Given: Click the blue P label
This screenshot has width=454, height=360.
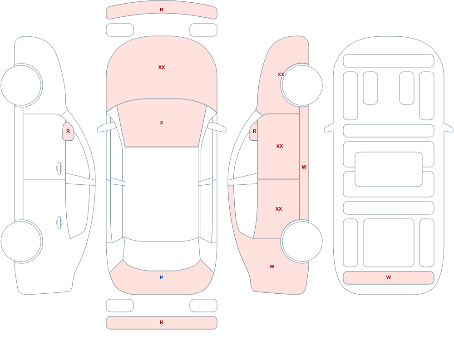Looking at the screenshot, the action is tap(162, 277).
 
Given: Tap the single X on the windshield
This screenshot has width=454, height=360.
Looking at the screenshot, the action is tap(162, 123).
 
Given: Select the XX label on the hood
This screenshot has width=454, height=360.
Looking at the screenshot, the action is tap(162, 67).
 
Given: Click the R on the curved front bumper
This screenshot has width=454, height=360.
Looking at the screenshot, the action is tap(162, 10).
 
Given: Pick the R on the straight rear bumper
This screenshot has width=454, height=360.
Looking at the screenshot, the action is tap(162, 322).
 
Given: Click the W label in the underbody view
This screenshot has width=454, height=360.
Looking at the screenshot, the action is tap(389, 277).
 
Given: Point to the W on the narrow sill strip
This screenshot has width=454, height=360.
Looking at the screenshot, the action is tap(304, 167).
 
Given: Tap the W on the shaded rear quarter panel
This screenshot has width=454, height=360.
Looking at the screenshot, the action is tap(272, 266).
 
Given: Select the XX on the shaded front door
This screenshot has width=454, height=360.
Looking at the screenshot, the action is tap(280, 146).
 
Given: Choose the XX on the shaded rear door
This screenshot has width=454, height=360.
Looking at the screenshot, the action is tap(279, 209).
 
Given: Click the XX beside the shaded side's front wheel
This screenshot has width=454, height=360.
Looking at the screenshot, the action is tap(281, 74).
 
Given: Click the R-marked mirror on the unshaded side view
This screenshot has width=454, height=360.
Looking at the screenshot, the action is tap(68, 132).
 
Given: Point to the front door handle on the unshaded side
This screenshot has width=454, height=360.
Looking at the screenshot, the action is tap(59, 168).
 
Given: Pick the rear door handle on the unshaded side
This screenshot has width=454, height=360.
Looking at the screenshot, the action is tap(59, 223).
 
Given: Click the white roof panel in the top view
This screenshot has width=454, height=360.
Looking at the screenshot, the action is tap(162, 194).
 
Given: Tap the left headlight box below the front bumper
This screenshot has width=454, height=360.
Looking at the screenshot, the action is tap(120, 30).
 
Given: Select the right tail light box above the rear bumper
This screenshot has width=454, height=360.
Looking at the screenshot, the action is tap(203, 306).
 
